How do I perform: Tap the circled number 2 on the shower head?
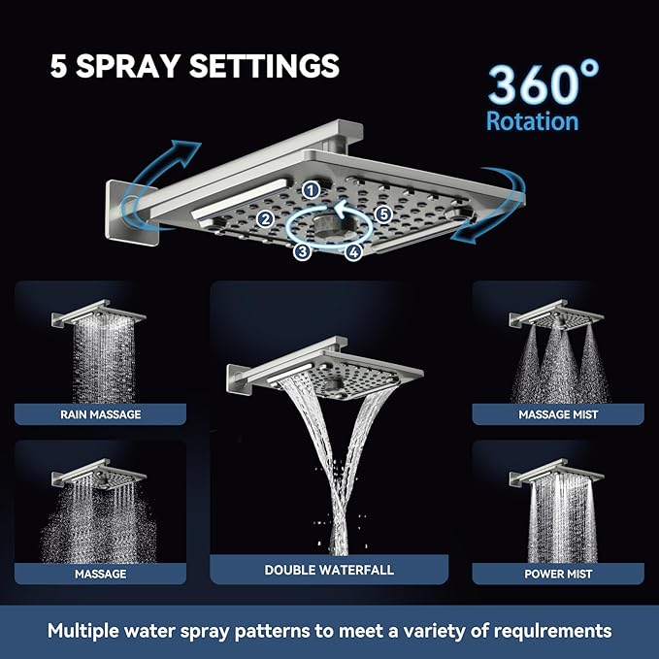pos(264,219)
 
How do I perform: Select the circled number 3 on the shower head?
pos(302,251)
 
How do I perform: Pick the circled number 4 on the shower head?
pos(353,252)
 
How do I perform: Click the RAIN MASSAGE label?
pos(100,414)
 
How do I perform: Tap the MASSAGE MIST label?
pos(558,414)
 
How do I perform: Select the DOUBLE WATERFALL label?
pos(329,570)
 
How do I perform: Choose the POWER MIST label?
pos(558,574)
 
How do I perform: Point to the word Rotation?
pos(532,122)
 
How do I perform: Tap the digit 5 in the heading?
pos(59,66)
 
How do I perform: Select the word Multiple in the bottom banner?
pos(90,631)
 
